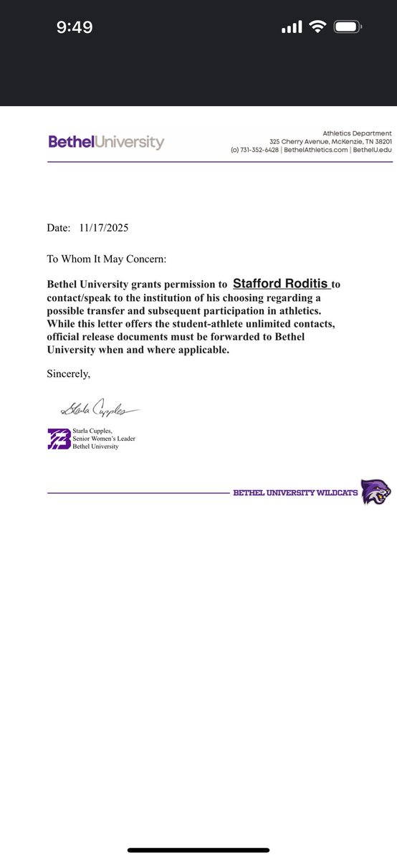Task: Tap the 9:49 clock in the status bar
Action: pyautogui.click(x=75, y=27)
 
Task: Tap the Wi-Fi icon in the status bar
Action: pyautogui.click(x=316, y=27)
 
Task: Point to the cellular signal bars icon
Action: pyautogui.click(x=292, y=27)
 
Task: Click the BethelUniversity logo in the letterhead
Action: pyautogui.click(x=106, y=142)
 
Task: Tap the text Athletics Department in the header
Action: pyautogui.click(x=357, y=133)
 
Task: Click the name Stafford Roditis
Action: pyautogui.click(x=282, y=284)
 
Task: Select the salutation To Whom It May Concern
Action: pyautogui.click(x=106, y=258)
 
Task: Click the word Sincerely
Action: pyautogui.click(x=69, y=373)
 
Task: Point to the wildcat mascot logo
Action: pyautogui.click(x=376, y=492)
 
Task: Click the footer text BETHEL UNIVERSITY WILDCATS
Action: pyautogui.click(x=295, y=493)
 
